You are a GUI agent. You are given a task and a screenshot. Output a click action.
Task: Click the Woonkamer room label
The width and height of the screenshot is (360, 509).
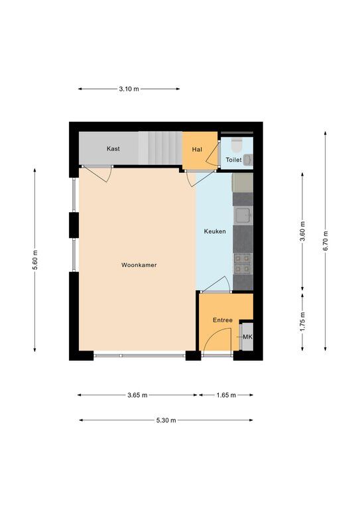(139, 265)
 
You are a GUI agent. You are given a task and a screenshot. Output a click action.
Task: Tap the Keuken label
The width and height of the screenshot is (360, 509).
(215, 231)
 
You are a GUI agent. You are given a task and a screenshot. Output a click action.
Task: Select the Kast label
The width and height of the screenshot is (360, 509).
(113, 148)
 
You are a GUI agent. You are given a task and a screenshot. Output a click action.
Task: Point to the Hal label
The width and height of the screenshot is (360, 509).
(197, 149)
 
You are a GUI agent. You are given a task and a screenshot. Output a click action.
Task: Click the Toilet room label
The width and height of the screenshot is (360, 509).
(234, 160)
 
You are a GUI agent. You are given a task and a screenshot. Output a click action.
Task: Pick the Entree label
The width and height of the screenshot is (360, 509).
(223, 320)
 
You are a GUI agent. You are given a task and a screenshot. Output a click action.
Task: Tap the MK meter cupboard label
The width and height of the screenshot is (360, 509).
(248, 337)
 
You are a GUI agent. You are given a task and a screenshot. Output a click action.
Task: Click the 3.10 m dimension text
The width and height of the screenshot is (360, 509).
(129, 89)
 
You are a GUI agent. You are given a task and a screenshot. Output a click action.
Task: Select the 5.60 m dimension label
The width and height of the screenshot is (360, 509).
(35, 260)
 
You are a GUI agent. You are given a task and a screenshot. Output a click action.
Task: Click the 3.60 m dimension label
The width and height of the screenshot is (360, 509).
(302, 232)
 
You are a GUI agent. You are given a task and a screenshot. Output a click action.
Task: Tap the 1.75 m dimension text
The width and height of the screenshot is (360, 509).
(302, 321)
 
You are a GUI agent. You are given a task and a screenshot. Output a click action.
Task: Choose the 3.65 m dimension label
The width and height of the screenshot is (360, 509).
(137, 395)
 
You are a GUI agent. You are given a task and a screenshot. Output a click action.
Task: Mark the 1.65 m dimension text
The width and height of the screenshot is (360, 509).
(226, 395)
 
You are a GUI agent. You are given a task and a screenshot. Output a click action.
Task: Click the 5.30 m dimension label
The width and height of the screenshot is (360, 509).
(166, 420)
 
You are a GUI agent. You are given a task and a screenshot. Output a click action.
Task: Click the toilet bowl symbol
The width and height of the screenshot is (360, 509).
(237, 144)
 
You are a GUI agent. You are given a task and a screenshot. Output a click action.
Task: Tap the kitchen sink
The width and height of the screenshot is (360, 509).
(243, 215)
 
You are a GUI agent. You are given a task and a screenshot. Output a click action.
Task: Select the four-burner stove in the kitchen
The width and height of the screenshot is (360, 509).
(243, 264)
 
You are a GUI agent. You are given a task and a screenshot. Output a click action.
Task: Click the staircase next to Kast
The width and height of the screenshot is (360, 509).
(160, 148)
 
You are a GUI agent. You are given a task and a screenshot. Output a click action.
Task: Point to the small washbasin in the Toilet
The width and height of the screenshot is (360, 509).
(248, 160)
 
